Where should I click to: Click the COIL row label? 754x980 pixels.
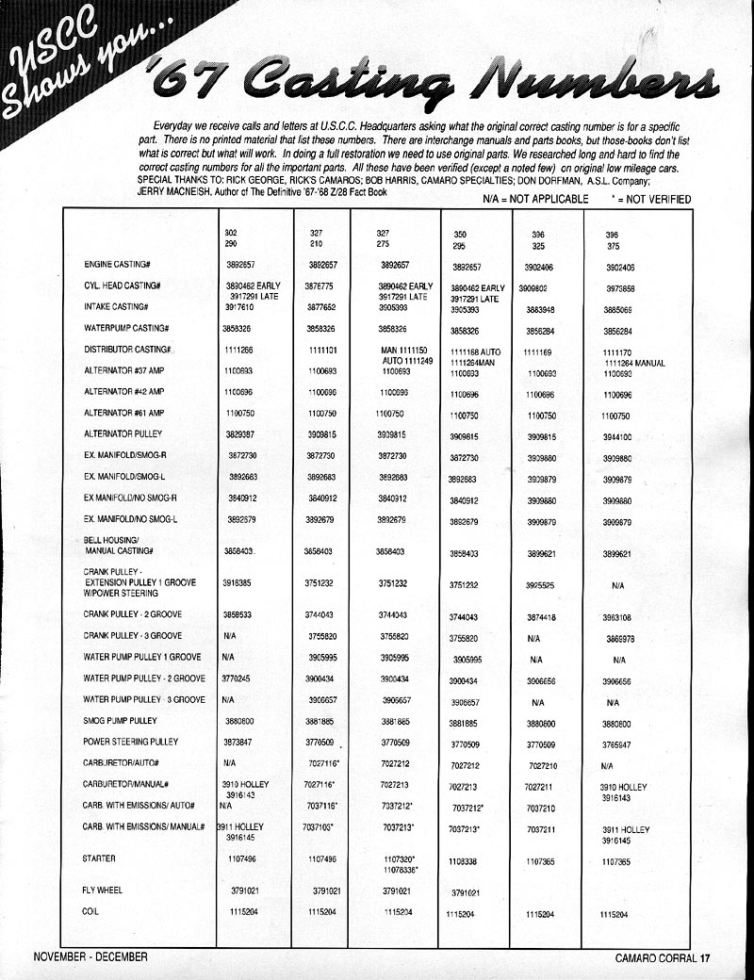90,912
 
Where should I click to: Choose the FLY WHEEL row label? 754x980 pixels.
104,890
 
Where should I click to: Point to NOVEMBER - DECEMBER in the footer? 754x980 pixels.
90,956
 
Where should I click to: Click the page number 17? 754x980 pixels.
704,960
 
